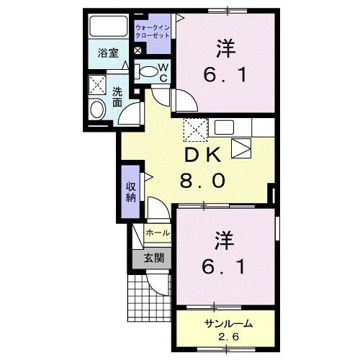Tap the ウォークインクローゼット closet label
(152, 31)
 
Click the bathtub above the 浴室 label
(108, 27)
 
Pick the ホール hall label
(157, 233)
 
